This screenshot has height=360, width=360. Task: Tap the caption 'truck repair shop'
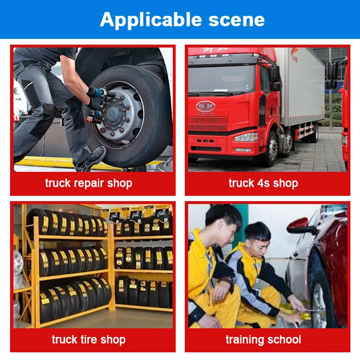(89, 183)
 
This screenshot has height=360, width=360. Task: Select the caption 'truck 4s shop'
(263, 183)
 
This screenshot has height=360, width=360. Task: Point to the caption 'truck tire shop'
(89, 340)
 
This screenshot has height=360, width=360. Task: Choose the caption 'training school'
(263, 340)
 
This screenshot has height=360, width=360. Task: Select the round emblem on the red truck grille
(205, 106)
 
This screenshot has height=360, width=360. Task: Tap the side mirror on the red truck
(275, 74)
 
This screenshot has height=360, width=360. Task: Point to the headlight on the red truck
(246, 137)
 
